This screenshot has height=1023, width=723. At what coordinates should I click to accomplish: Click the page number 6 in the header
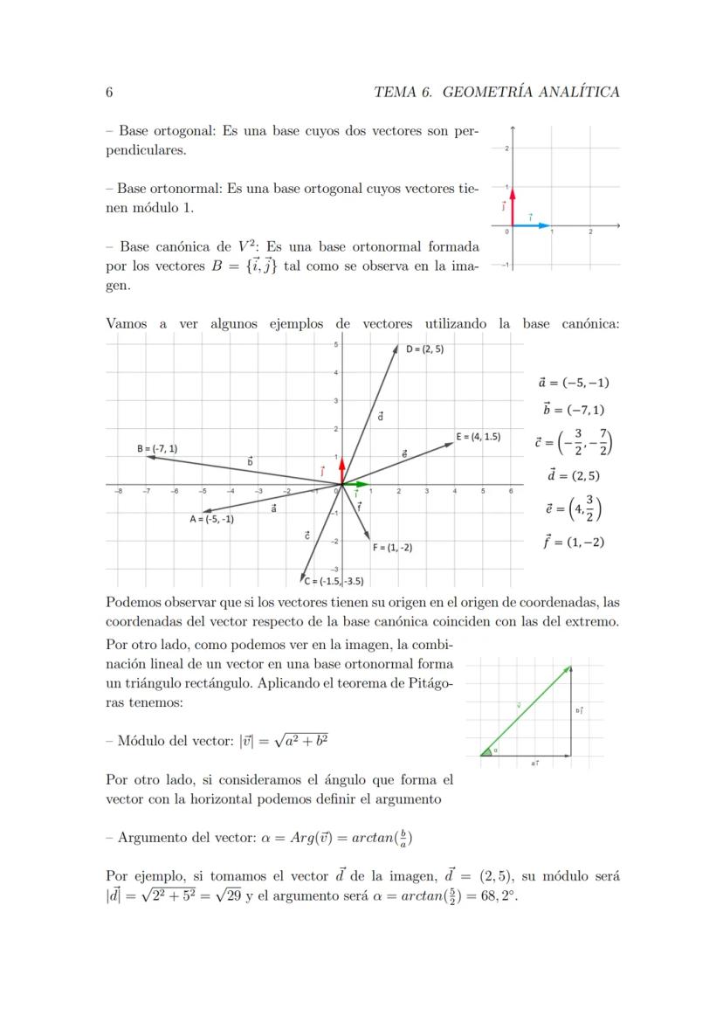(109, 92)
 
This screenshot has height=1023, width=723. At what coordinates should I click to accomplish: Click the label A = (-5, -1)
(211, 518)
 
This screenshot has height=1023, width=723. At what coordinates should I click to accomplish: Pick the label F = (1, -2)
(392, 548)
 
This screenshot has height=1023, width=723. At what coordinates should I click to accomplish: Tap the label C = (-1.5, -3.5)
(334, 581)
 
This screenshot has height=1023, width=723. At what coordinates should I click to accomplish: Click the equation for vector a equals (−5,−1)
(574, 382)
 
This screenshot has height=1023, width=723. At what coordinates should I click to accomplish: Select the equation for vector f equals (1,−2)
(574, 542)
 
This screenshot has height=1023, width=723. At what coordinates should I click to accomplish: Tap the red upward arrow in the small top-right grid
(513, 206)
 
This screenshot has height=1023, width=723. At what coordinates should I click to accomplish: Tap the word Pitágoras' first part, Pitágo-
(428, 683)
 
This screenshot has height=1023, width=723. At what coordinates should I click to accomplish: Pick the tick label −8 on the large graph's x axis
(119, 492)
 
